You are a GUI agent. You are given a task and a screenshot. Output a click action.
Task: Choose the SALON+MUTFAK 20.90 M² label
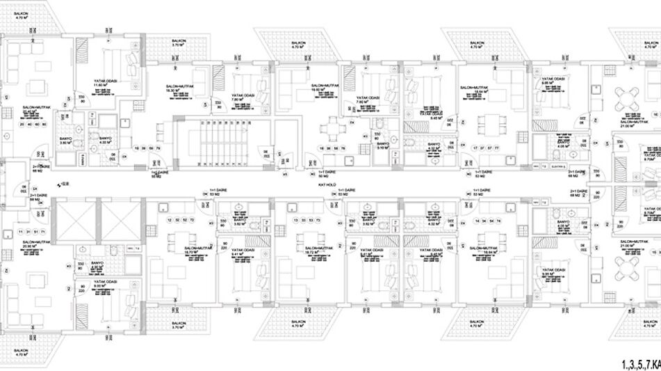29,244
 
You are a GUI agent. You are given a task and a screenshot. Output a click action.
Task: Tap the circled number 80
44,125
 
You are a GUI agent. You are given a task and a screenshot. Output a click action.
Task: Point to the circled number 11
22,231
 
